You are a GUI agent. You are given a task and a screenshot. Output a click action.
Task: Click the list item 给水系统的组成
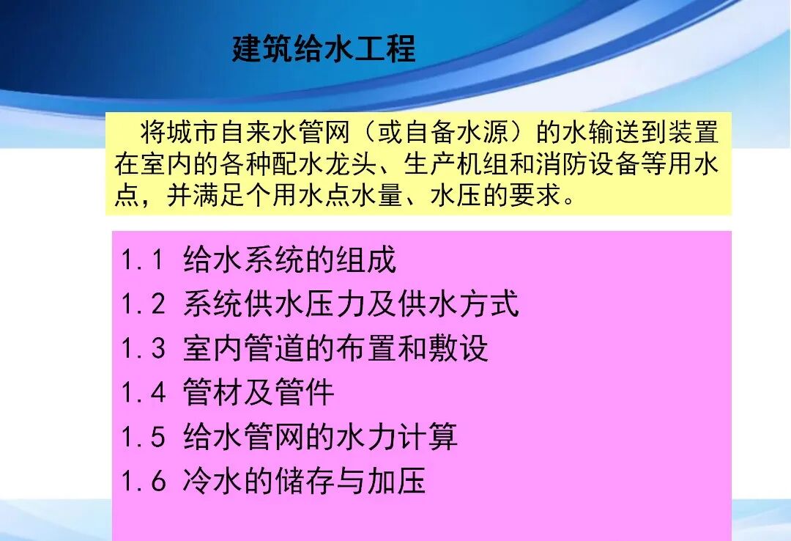pos(289,260)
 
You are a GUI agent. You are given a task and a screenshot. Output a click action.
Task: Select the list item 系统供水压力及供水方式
pos(351,304)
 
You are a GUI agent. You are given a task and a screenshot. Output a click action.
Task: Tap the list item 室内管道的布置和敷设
pos(335,349)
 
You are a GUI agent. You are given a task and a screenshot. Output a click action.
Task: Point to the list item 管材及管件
pos(259,393)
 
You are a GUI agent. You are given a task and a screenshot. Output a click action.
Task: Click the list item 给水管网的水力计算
pos(320,438)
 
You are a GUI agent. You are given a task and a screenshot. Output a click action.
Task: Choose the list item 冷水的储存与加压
pos(305,482)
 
